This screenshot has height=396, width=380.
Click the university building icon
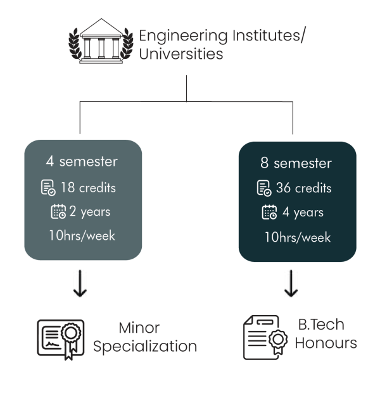coord(101,41)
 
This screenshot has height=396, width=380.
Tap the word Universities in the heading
coord(181,54)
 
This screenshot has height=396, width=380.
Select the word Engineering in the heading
coord(183,36)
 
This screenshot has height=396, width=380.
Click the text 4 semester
coord(82,161)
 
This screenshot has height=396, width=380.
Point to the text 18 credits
coord(88,188)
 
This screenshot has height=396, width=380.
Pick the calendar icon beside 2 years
coord(58,211)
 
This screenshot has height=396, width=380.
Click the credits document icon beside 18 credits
coord(48,188)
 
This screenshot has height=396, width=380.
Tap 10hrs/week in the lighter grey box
coord(82,235)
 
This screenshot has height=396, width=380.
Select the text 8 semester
coord(296,163)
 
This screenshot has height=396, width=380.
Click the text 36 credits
coord(303,188)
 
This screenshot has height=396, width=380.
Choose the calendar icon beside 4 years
coord(269,212)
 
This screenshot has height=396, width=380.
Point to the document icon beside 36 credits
coord(264,188)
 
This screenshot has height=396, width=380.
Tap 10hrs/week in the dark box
coord(298,237)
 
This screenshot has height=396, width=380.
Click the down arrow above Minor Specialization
coord(80,283)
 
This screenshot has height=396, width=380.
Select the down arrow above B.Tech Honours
coord(291,283)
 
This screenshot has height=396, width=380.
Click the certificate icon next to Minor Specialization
coord(61,340)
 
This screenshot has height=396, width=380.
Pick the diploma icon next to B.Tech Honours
coord(265,337)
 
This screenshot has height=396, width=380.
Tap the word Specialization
coord(145,347)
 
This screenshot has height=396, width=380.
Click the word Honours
coord(326,343)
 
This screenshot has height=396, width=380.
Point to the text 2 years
coord(90,212)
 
